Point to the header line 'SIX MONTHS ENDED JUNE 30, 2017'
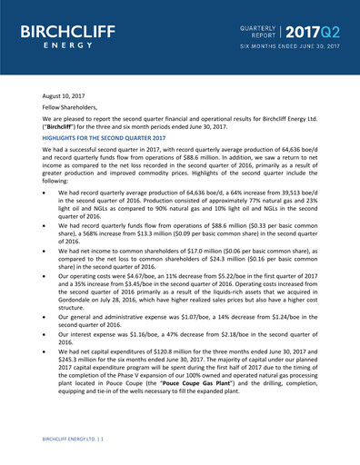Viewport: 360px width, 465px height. (x=288, y=44)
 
